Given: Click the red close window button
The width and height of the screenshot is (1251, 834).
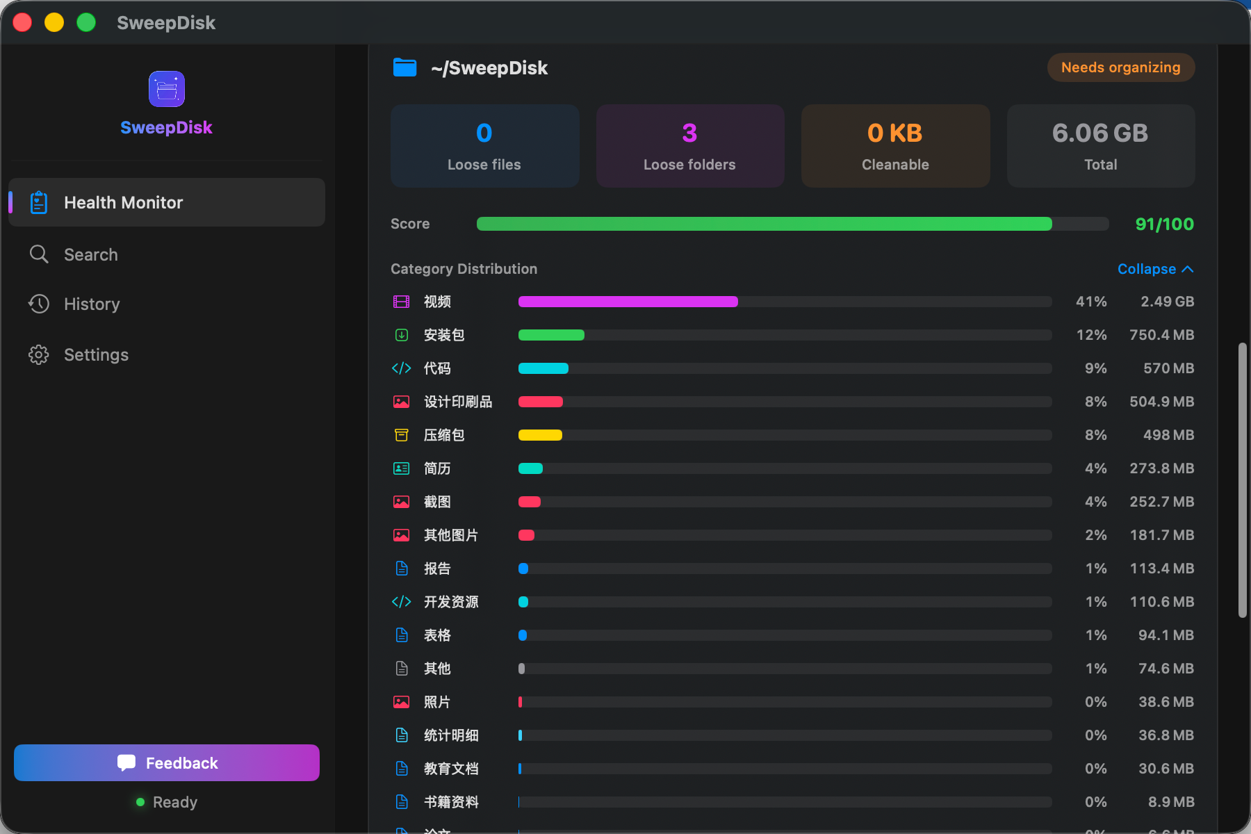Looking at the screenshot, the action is pyautogui.click(x=22, y=22).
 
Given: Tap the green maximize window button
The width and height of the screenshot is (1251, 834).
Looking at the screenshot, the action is pyautogui.click(x=86, y=22).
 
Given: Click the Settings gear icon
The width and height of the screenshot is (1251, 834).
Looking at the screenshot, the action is pyautogui.click(x=39, y=354).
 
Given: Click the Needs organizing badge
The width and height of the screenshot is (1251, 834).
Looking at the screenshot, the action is pyautogui.click(x=1121, y=67).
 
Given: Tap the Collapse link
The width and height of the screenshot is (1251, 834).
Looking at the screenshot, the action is pyautogui.click(x=1155, y=269).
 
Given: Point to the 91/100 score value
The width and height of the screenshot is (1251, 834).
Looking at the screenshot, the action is pyautogui.click(x=1164, y=224).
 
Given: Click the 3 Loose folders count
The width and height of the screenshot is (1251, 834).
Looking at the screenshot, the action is pyautogui.click(x=689, y=133).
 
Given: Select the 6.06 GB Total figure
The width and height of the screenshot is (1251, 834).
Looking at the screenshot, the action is pyautogui.click(x=1100, y=133).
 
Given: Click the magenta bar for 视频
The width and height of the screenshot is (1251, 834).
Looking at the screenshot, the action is pyautogui.click(x=628, y=302).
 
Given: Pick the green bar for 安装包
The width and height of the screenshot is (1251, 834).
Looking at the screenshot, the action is pyautogui.click(x=551, y=335).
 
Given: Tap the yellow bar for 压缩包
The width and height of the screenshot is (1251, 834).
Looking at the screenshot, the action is pyautogui.click(x=540, y=435).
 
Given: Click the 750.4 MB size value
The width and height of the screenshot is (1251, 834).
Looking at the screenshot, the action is pyautogui.click(x=1161, y=335).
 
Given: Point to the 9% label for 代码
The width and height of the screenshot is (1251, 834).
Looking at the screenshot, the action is pyautogui.click(x=1095, y=368).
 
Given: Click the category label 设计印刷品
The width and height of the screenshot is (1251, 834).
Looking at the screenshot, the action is pyautogui.click(x=458, y=402).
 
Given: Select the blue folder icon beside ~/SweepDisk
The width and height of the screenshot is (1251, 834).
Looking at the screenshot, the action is pyautogui.click(x=404, y=67).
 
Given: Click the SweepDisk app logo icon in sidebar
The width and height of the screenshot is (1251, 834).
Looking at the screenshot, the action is pyautogui.click(x=167, y=89).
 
